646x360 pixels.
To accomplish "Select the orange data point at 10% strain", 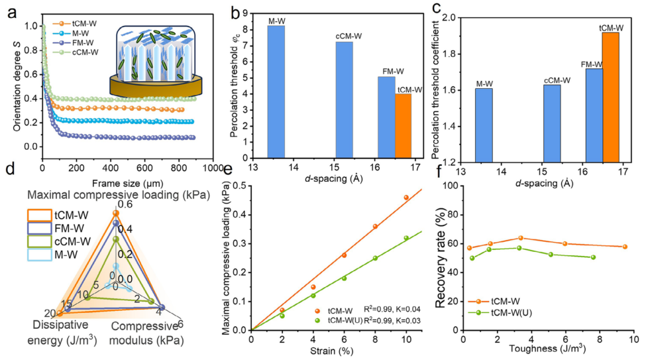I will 406,198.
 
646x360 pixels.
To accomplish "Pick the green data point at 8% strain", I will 375,258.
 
